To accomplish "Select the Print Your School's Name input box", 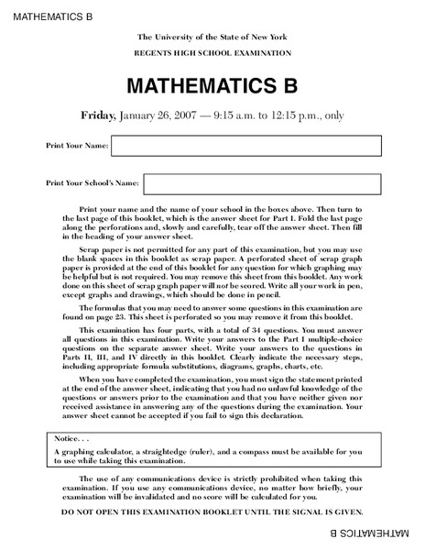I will coord(261,183).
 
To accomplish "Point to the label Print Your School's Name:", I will coord(93,183).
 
